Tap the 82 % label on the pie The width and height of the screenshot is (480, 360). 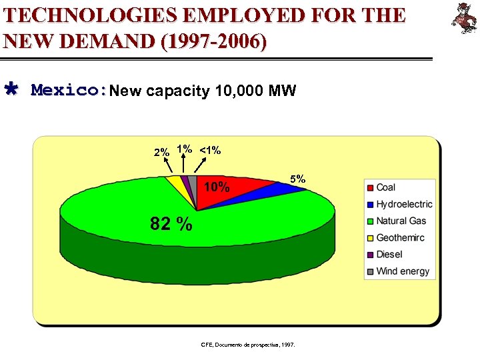pos(171,224)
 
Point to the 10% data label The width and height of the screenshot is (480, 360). pos(216,188)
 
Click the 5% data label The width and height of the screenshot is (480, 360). pos(297,179)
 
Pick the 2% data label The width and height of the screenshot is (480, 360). pos(161,152)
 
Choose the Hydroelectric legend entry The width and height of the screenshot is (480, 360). pos(403,204)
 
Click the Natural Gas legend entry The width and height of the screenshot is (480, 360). pos(400,221)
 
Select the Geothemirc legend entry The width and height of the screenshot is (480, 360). pos(399,237)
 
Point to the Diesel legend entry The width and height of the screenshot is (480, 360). pos(389,254)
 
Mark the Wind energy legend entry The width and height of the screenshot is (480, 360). pos(402,271)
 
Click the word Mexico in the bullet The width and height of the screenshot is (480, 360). pos(68,90)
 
